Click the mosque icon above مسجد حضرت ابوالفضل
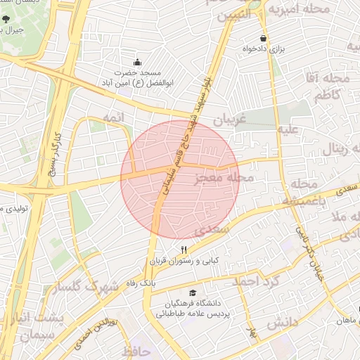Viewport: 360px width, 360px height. click(137, 61)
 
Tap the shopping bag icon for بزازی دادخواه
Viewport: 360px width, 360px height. click(264, 39)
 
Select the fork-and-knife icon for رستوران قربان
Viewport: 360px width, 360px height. click(184, 249)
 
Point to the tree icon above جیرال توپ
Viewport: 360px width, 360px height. click(6, 19)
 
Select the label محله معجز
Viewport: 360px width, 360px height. click(222, 179)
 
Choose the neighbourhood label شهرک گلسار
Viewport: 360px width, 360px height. click(91, 287)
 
